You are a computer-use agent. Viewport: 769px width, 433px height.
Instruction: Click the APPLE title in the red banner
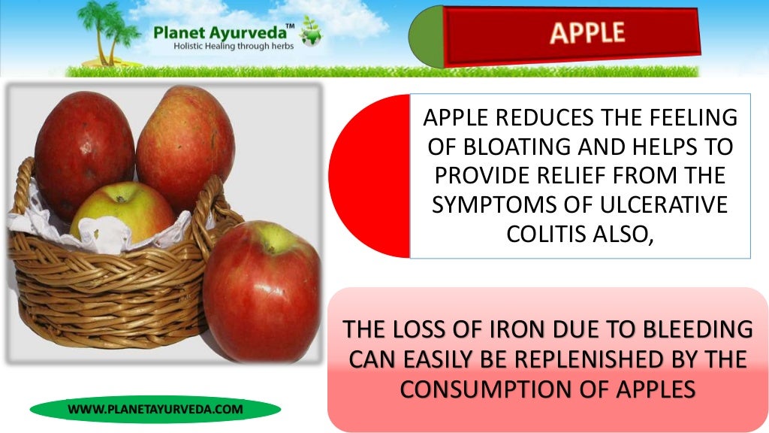pos(587,33)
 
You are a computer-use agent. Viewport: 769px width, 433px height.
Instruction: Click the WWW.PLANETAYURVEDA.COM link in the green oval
pos(155,409)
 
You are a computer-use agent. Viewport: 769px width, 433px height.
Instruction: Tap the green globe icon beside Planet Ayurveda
pos(310,36)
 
